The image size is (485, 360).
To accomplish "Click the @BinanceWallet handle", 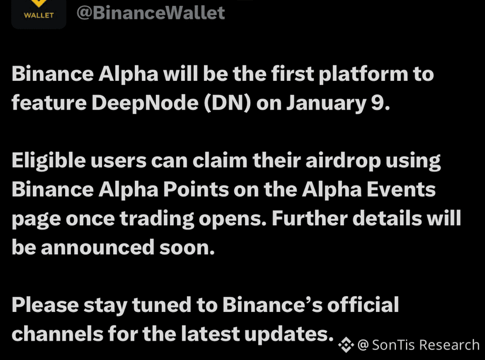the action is (x=151, y=13).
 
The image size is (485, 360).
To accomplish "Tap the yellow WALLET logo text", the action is (x=39, y=15).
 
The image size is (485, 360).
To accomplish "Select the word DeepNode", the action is (x=145, y=103).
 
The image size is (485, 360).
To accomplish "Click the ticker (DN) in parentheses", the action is (x=227, y=103).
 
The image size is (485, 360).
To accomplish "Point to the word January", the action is (x=326, y=104).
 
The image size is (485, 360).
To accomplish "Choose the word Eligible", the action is (x=49, y=161).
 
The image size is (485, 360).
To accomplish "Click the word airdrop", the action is (x=343, y=161).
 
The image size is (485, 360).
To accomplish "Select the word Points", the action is (x=196, y=189).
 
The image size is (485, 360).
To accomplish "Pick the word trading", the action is (x=157, y=219).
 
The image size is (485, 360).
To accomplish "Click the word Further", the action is (x=310, y=218).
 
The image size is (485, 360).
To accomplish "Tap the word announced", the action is (x=97, y=247).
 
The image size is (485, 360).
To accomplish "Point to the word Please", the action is (x=45, y=305).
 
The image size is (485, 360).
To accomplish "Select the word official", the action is (x=363, y=304).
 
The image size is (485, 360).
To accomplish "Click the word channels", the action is (x=57, y=334).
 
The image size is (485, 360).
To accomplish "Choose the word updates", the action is (x=287, y=334).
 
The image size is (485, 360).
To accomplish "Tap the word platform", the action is (x=363, y=74).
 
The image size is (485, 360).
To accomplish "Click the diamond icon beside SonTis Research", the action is (x=346, y=345).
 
